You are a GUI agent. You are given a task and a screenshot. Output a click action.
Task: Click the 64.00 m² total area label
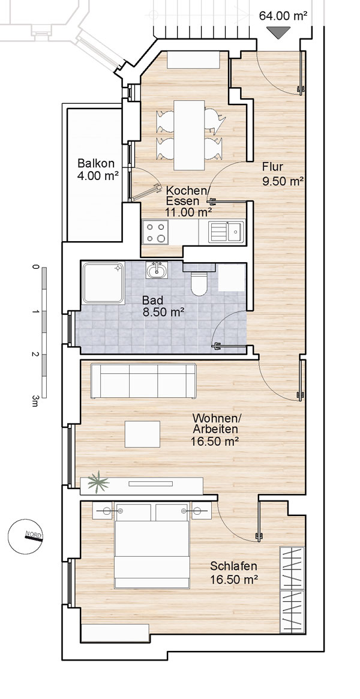284,16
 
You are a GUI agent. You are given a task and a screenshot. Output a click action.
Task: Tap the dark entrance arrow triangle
278,32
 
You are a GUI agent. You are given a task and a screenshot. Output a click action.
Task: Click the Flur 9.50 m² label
283,175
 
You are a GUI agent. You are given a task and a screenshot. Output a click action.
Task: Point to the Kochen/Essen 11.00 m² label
188,202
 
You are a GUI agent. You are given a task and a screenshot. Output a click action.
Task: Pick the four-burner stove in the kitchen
155,232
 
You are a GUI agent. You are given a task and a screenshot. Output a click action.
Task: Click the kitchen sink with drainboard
227,232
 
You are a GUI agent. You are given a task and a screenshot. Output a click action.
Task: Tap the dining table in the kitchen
189,135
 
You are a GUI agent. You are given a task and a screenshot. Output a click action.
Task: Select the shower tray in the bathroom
103,283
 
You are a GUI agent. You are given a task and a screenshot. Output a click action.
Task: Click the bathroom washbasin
157,270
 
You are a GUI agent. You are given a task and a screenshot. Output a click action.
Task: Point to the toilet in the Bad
199,281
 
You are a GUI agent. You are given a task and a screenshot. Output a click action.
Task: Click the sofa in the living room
143,381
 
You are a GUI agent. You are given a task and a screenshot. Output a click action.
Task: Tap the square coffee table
142,434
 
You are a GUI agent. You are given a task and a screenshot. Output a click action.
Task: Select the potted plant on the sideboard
98,483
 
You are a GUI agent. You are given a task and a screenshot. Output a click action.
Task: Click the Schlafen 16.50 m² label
235,573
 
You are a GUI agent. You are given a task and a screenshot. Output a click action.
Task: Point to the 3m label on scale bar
35,400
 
